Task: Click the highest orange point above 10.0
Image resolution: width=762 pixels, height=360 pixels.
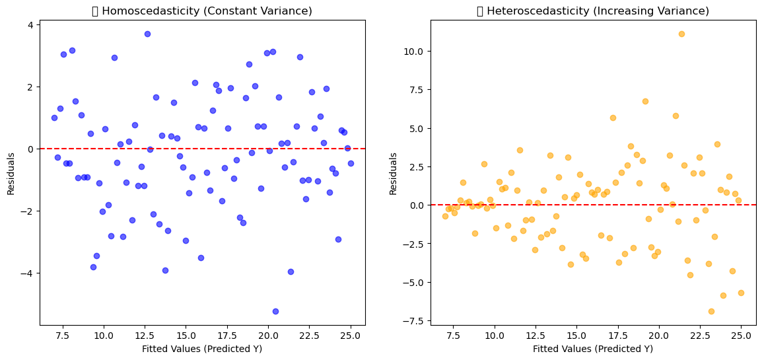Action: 681,34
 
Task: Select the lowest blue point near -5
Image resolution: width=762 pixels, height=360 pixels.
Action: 275,311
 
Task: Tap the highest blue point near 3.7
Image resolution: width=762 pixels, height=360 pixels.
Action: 147,34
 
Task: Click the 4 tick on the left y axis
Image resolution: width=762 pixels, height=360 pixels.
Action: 32,24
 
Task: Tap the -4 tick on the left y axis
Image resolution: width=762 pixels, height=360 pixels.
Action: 29,273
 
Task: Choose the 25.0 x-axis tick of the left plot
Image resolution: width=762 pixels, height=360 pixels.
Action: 351,336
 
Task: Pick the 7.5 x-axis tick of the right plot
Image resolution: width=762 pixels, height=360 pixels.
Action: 454,336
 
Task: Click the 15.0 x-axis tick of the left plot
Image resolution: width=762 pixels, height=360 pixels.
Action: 186,336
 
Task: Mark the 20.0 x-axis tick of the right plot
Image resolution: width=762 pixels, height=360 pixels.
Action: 659,336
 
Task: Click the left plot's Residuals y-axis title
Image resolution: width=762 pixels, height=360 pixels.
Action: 11,173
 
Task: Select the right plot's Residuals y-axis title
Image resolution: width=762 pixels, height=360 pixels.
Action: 394,173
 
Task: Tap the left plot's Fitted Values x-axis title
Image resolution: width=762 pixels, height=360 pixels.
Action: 202,349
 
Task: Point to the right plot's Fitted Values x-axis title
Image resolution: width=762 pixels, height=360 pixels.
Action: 593,349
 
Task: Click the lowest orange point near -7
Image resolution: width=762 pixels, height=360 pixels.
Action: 711,311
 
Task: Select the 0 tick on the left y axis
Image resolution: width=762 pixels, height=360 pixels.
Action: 32,149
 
